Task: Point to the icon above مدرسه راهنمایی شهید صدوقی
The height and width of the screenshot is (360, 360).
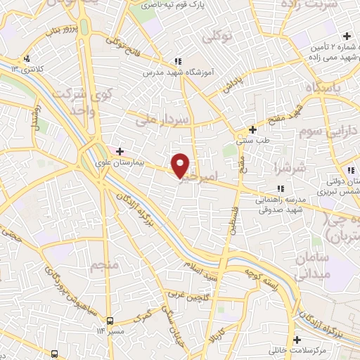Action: pyautogui.click(x=280, y=188)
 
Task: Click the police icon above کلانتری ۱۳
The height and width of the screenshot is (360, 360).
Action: pyautogui.click(x=27, y=58)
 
